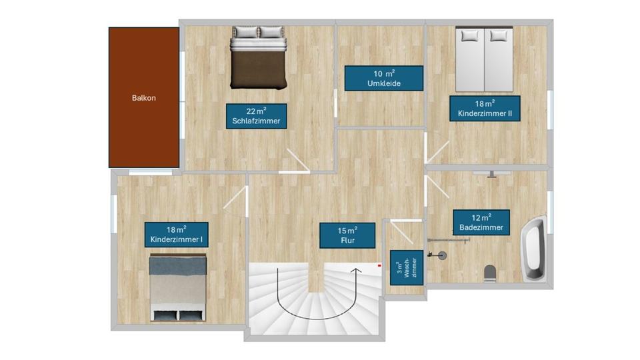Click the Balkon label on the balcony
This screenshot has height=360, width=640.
tap(144, 98)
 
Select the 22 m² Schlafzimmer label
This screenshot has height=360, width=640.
tap(256, 115)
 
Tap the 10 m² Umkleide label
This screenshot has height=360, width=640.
tap(383, 78)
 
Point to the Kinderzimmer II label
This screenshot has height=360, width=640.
tap(485, 109)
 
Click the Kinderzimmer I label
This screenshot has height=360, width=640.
tap(176, 235)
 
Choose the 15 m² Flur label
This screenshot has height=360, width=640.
tap(347, 235)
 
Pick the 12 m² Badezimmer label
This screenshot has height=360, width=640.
tap(481, 222)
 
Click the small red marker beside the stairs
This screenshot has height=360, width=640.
tap(379, 265)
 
